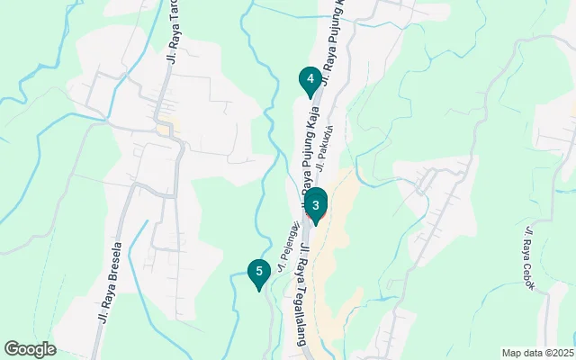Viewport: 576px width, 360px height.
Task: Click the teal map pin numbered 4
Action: [x=310, y=81]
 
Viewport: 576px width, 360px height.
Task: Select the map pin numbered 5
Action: [x=259, y=273]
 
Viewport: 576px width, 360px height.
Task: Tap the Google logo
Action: [x=31, y=349]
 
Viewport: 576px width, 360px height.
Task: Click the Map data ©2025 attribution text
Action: [x=537, y=353]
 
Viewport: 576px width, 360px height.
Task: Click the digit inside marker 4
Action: [x=310, y=78]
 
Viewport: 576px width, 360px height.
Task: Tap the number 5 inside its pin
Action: [x=259, y=270]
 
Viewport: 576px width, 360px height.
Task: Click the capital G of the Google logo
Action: [x=12, y=349]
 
